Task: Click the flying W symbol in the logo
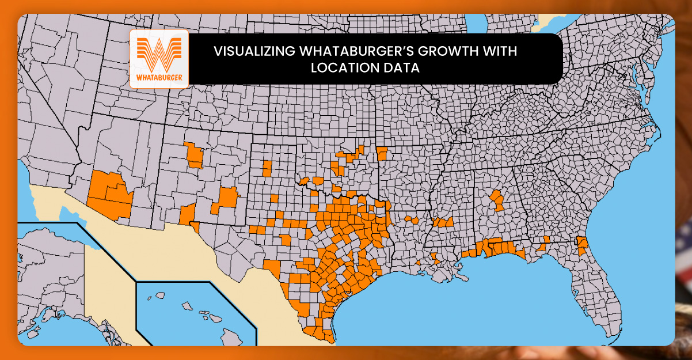[159, 53]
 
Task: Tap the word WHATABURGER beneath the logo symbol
[159, 77]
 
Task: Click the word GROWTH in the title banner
[450, 51]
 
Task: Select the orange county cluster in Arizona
[111, 193]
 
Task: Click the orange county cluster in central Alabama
[496, 200]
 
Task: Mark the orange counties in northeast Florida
[582, 247]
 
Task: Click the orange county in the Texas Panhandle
[267, 168]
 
